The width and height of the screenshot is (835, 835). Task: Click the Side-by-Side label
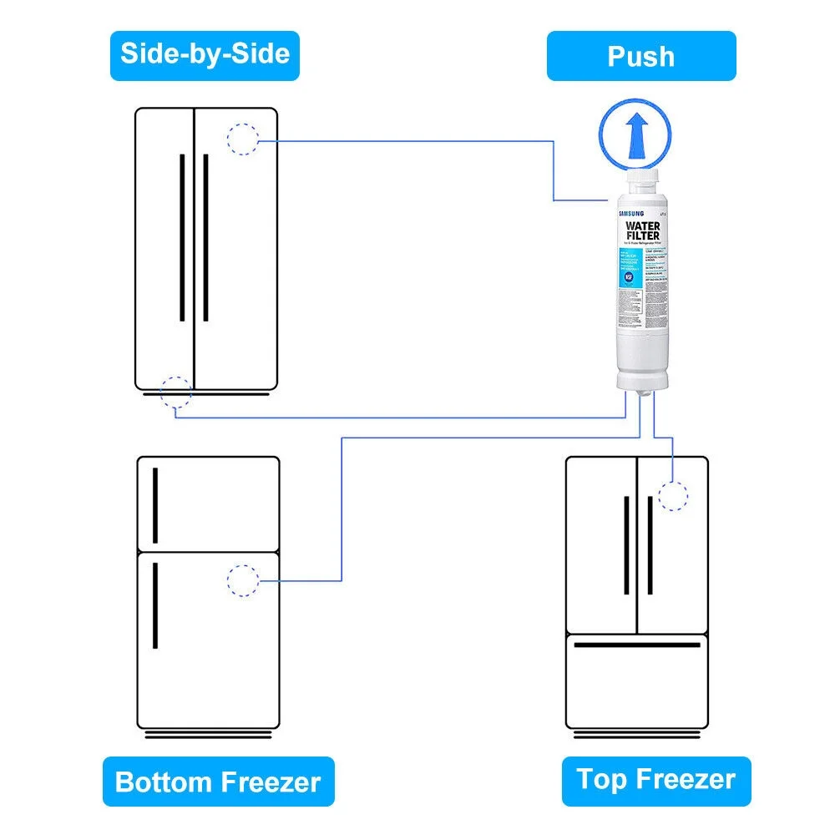[x=205, y=55]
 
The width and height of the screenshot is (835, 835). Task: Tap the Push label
[x=641, y=56]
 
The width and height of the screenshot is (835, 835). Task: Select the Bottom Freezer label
[x=218, y=782]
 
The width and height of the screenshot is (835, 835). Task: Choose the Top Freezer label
[x=656, y=781]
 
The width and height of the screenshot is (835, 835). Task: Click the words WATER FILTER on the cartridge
[x=642, y=231]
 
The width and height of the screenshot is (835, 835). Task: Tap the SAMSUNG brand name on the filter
[x=632, y=214]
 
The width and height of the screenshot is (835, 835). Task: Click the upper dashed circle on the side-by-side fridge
[x=242, y=139]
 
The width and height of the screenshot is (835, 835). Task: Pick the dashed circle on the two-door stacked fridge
[x=243, y=580]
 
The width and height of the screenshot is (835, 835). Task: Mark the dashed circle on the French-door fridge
[x=673, y=495]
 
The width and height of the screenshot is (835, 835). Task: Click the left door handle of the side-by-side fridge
[x=182, y=236]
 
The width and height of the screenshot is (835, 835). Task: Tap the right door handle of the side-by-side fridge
[x=206, y=236]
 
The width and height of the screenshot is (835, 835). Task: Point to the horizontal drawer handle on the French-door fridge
[x=637, y=645]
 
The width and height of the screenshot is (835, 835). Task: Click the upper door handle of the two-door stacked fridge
[x=155, y=504]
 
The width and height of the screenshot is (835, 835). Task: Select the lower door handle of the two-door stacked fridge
[x=155, y=605]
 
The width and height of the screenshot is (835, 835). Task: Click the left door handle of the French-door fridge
[x=626, y=545]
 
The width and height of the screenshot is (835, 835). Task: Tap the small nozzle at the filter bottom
[x=644, y=395]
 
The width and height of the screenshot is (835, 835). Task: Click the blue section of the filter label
[x=631, y=266]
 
